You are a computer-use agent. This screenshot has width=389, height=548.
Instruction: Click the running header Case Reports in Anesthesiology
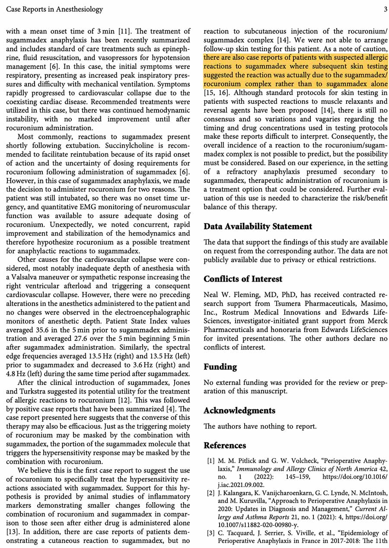click(x=55, y=9)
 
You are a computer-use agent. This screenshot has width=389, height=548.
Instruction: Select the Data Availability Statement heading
click(x=258, y=227)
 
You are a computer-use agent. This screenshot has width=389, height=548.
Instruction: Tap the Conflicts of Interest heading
click(x=243, y=279)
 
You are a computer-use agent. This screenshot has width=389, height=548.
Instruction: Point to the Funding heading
click(x=220, y=367)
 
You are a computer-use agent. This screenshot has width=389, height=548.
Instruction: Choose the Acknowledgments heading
click(x=239, y=410)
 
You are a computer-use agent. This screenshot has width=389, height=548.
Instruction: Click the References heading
click(x=225, y=445)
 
